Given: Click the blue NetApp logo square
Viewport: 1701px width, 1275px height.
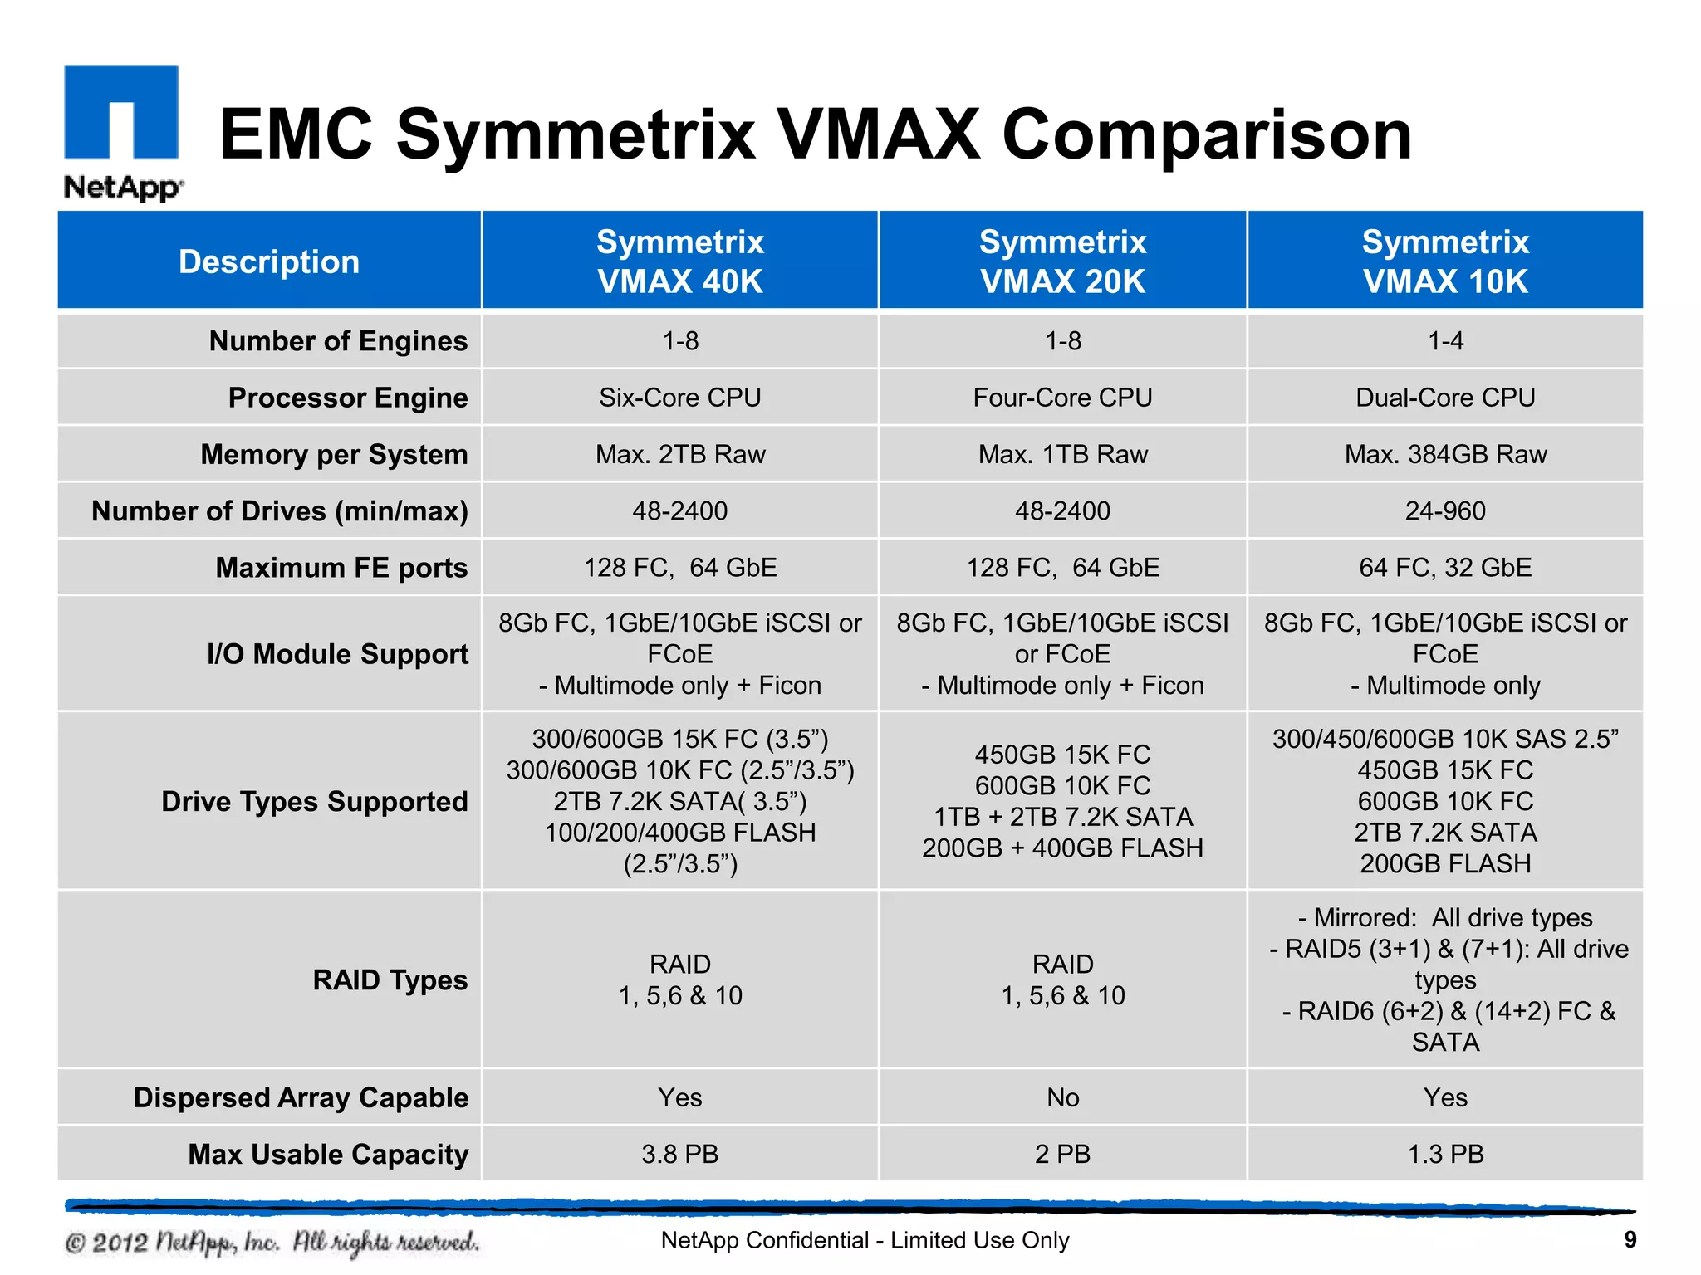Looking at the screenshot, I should (121, 112).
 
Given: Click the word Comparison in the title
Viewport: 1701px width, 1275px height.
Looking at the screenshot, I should (1207, 134).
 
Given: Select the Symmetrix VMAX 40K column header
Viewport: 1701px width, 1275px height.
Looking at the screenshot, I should (679, 261).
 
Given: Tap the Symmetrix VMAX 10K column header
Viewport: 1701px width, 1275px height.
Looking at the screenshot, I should (1445, 261).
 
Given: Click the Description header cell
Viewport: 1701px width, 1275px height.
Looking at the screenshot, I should (269, 261).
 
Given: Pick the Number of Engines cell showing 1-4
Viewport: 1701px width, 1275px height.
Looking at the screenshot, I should (1445, 341).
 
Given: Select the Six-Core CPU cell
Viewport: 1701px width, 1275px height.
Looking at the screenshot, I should (679, 398).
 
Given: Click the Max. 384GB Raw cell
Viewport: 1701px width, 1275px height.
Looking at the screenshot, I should (1445, 454).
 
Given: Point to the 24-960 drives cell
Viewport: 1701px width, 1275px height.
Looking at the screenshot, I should (1445, 510).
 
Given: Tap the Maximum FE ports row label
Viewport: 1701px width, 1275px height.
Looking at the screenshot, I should (341, 568).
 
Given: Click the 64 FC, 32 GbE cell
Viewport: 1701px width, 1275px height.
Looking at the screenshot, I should (1445, 568).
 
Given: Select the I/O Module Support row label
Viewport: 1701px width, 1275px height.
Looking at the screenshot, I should (337, 654).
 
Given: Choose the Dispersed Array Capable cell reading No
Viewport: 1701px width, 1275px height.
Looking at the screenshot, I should (1062, 1097).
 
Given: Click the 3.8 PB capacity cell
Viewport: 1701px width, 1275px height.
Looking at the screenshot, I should (679, 1154).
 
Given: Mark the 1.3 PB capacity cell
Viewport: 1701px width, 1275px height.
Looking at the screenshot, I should (1445, 1154).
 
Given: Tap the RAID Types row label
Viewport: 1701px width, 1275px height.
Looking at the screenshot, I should (390, 980).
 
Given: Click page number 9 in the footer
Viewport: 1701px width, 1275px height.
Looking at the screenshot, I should (1630, 1240).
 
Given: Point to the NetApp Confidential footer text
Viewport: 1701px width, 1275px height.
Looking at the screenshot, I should (865, 1240).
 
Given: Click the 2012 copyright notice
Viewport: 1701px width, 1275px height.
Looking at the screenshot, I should (272, 1243).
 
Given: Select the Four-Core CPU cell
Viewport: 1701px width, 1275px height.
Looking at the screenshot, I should (1062, 398).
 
